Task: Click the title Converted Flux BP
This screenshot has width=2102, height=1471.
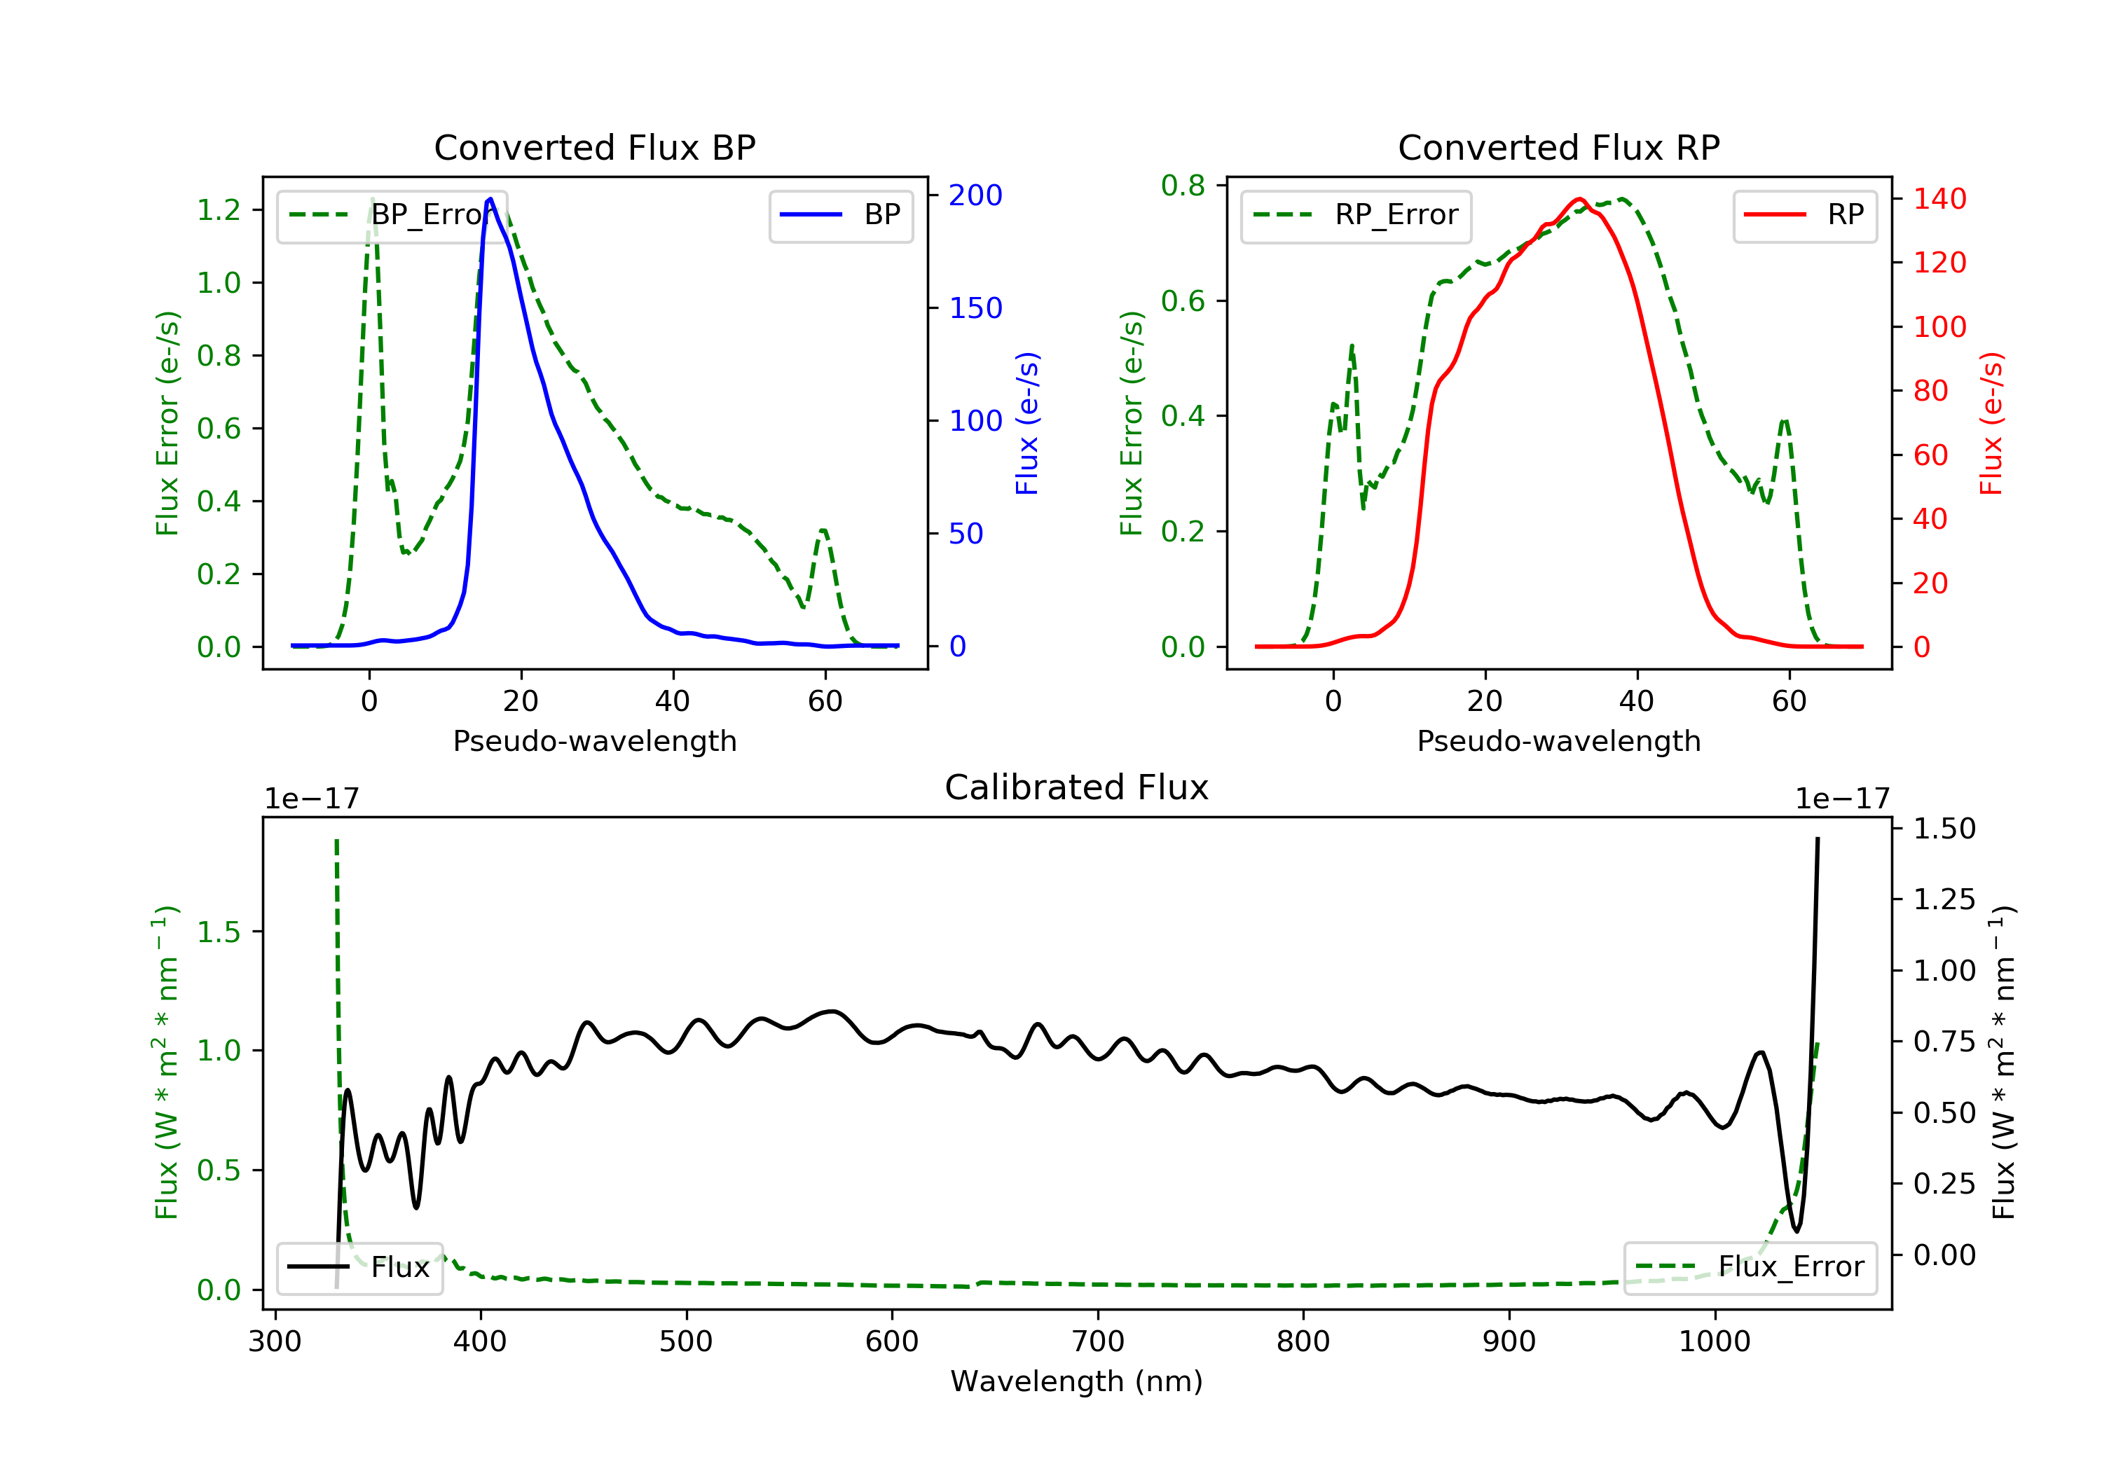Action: [x=595, y=147]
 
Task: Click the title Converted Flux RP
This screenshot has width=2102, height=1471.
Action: [x=1559, y=147]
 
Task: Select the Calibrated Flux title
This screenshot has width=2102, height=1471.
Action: [x=1077, y=787]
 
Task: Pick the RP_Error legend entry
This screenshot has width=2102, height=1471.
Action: [x=1356, y=215]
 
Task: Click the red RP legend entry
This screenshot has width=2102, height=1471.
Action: [x=1804, y=215]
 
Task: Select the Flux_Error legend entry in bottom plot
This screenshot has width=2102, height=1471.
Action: [x=1750, y=1267]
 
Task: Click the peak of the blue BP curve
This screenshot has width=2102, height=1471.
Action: [x=490, y=199]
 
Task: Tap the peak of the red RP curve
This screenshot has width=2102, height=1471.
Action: [x=1579, y=199]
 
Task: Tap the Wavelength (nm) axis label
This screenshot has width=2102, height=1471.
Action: [x=1077, y=1381]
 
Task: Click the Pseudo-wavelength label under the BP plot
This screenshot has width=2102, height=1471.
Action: [x=595, y=740]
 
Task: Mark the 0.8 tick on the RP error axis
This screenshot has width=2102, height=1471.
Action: [x=1183, y=186]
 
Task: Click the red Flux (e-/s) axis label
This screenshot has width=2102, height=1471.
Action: [x=1991, y=424]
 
